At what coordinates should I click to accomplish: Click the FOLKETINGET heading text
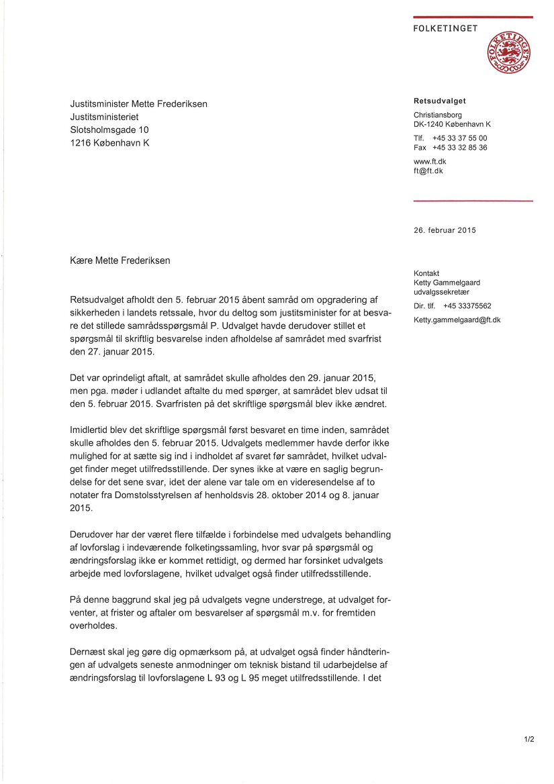[445, 28]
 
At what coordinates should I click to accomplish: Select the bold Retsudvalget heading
[440, 101]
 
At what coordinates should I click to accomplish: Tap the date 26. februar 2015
[445, 230]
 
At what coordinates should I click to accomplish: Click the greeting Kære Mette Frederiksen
[120, 260]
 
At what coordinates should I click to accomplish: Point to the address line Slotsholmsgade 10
[109, 130]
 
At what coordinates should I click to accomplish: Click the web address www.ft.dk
[430, 162]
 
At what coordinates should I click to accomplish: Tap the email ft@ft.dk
[428, 171]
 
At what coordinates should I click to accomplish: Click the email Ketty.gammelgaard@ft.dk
[457, 320]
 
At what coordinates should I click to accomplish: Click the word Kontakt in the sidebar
[426, 273]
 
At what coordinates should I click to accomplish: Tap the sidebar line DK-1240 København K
[452, 124]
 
